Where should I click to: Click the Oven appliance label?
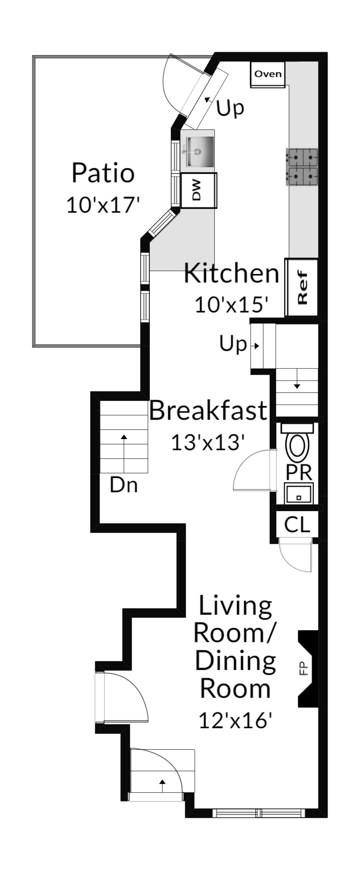pos(268,74)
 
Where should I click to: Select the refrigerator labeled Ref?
pos(302,287)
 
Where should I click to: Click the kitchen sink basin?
pos(200,151)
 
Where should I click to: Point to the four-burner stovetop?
pos(302,167)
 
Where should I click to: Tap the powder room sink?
pos(299,493)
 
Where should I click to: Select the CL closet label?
pos(297,524)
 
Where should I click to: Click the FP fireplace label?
pos(303,668)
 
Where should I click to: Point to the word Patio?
pos(103,173)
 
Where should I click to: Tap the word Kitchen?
pos(232,273)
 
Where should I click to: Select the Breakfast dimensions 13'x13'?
pos(208,442)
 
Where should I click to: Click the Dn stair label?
pos(124,485)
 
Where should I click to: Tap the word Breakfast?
pos(208,410)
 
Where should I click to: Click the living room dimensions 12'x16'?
pos(235,720)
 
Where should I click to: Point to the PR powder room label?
pos(299,472)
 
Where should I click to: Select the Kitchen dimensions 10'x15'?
pos(232,305)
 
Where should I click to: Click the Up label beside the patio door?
pos(230,108)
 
